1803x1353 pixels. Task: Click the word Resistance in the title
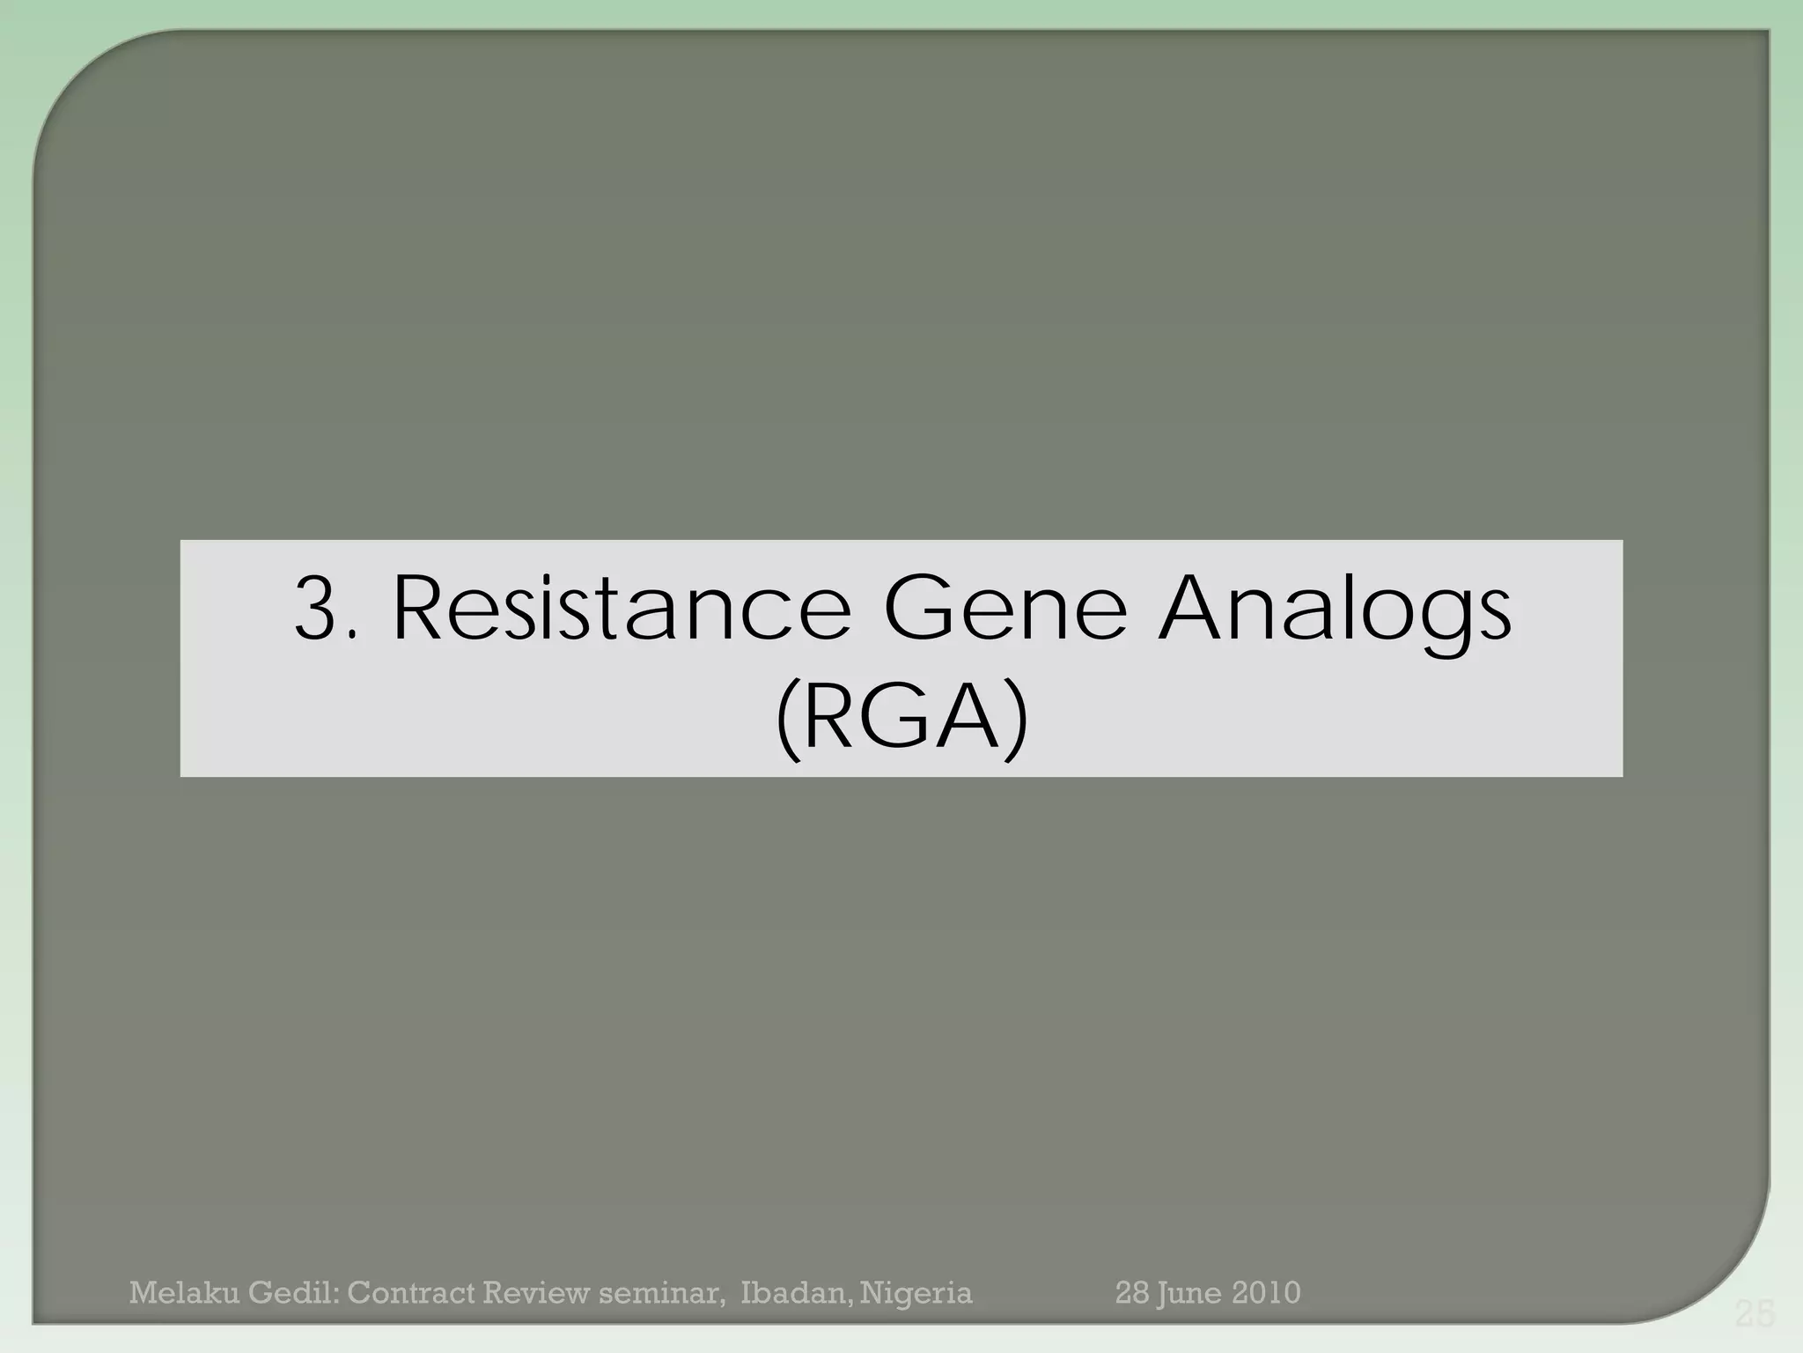[x=621, y=609]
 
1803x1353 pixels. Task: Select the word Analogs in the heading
[x=1335, y=610]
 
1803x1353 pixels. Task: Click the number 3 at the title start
[x=319, y=609]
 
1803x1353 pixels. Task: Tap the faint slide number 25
[x=1755, y=1315]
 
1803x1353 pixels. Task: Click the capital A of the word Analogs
[x=1195, y=609]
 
